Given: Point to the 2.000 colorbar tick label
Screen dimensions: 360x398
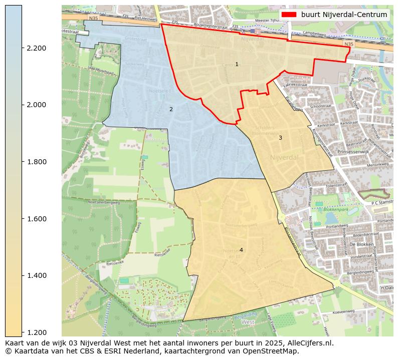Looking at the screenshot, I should (x=36, y=105).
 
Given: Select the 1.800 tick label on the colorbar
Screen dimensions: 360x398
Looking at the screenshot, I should (x=36, y=162).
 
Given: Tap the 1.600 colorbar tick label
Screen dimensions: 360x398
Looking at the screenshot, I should (x=36, y=219).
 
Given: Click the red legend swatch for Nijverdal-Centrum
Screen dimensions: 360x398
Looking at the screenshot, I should (x=289, y=15).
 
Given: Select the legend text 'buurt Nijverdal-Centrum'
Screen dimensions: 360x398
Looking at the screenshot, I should (x=344, y=15).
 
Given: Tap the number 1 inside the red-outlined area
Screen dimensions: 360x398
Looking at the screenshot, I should (x=237, y=64).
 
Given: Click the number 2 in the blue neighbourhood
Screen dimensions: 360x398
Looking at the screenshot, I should (x=171, y=109).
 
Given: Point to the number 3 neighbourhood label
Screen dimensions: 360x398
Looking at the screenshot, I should (x=280, y=138).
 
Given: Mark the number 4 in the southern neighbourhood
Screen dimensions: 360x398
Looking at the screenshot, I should (x=241, y=250).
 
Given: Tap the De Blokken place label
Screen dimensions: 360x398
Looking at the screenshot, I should (x=360, y=244).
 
